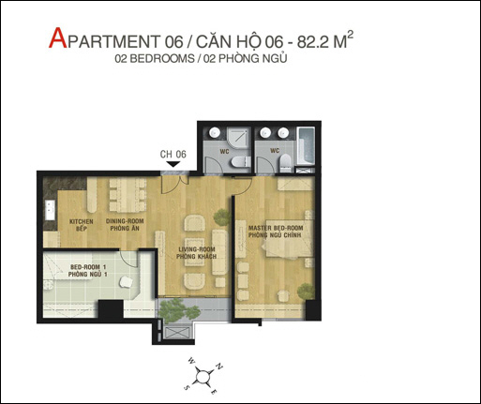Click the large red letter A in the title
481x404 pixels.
pos(58,38)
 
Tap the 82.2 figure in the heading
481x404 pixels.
pos(313,41)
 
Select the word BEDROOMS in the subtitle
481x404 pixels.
pos(162,59)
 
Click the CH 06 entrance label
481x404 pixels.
pos(173,154)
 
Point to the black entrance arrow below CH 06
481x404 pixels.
pos(173,164)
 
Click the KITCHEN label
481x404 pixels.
pos(81,221)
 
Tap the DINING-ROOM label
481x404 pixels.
pos(125,221)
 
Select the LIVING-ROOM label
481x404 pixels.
pos(197,249)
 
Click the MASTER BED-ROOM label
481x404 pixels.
pos(276,228)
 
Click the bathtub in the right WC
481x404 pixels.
pos(306,145)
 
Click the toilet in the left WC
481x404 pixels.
pos(241,162)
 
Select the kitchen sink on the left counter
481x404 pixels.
pos(50,210)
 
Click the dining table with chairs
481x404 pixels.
pos(128,194)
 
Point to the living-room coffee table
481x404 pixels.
pos(194,252)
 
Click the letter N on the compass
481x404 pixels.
pos(219,367)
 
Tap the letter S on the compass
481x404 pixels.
pos(188,387)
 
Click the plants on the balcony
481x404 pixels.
pos(178,310)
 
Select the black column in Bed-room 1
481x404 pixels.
pos(111,309)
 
